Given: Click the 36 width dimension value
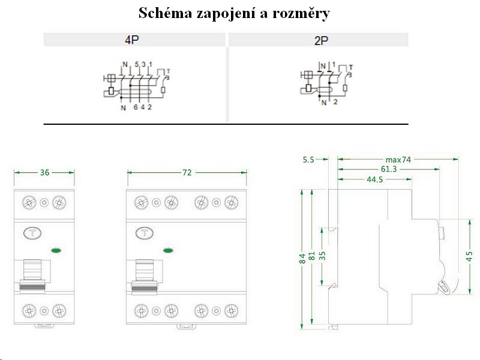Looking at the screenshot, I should click(44, 172).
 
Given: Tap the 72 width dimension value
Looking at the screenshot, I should click(187, 172).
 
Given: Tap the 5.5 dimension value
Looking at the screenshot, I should click(308, 160).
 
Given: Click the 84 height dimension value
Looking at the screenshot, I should click(302, 259).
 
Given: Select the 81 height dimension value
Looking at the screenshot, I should click(312, 257).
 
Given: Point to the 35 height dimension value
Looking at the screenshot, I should click(322, 254).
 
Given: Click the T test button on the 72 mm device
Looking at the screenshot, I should click(144, 233).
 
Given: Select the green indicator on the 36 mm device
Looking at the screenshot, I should click(57, 250).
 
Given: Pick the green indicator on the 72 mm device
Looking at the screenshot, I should click(168, 250).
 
